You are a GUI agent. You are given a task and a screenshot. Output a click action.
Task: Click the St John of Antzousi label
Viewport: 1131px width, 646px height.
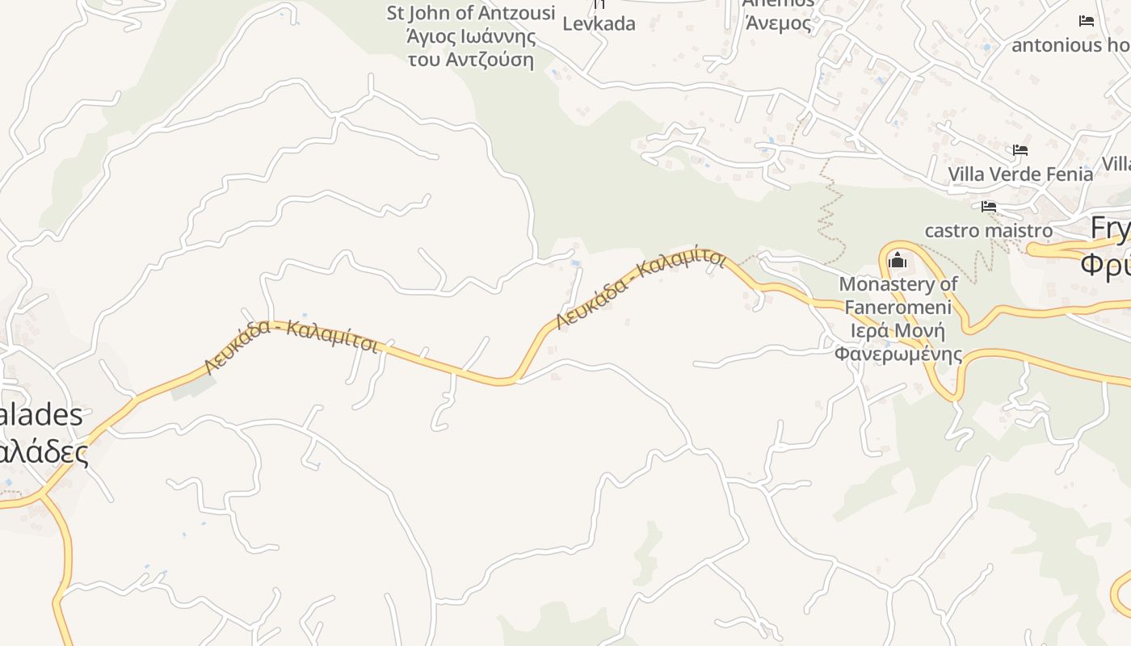coord(471,13)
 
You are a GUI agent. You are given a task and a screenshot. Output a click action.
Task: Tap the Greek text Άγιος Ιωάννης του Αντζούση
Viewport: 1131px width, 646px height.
coord(471,48)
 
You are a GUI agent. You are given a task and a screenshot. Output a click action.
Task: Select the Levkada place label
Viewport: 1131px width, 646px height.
coord(599,23)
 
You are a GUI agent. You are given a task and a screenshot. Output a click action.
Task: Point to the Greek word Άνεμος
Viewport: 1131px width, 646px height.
coord(778,23)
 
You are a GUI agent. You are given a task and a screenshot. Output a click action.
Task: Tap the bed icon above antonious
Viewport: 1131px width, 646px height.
coord(1087,21)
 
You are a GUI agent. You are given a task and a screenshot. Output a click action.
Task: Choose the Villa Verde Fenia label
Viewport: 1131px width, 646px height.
coord(1020,174)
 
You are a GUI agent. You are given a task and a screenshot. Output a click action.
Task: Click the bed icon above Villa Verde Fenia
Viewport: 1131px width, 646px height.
coord(1020,150)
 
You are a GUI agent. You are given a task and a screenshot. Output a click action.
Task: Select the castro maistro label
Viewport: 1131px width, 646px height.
coord(988,230)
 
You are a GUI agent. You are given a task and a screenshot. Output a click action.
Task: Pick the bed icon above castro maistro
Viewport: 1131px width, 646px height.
coord(989,207)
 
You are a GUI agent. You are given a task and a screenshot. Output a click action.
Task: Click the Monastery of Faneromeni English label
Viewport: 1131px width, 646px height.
coord(898,295)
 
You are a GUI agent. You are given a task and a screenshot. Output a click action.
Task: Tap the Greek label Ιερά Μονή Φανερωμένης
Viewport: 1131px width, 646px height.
coord(898,342)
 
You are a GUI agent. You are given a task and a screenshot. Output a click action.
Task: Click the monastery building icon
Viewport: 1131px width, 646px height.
coord(897,261)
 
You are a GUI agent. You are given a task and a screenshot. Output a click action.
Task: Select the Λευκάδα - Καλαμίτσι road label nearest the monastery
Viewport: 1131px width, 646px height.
coord(640,288)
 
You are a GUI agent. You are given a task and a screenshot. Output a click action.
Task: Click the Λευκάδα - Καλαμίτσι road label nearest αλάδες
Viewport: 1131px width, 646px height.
coord(291,342)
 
